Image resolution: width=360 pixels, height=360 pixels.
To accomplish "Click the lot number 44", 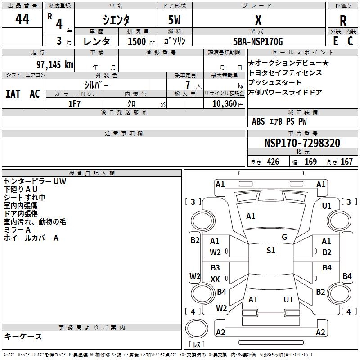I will tap(22, 19).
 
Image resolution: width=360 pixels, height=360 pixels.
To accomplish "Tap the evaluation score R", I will tap(343, 20).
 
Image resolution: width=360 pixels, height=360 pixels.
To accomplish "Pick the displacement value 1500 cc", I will tap(138, 41).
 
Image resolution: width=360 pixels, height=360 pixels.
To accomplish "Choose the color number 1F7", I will tap(74, 103).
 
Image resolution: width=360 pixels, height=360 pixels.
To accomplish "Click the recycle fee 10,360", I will tap(223, 103).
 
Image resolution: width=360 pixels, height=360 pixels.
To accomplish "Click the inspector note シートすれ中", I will tap(25, 198).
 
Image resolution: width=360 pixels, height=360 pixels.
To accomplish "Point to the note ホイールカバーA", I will tap(31, 238).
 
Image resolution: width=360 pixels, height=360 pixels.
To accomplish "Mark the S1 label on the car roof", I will tap(270, 251).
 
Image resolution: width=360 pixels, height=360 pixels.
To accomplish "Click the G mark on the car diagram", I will tap(284, 237).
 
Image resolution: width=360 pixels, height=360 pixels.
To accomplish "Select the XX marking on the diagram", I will tap(215, 279).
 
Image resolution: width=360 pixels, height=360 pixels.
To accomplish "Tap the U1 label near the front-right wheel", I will tap(327, 206).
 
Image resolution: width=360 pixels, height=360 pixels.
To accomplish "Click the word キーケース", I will tap(23, 336).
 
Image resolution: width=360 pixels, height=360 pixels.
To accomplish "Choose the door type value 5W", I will tap(175, 20).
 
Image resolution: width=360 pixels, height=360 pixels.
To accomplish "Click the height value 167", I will tap(346, 162).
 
